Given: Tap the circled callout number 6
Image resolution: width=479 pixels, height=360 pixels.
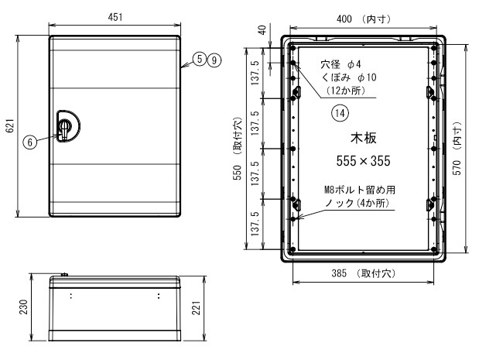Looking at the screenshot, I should pos(29,142).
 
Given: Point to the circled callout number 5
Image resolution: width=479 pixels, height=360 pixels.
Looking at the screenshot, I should pos(200,59).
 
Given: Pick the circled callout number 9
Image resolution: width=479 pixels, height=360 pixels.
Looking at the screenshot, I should pos(214,59).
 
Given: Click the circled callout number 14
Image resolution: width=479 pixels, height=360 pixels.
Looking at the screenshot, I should pos(338,113).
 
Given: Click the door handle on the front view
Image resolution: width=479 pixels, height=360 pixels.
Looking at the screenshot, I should pos(66,125).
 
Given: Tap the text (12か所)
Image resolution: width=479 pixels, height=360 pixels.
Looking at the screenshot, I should pos(345,91).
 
